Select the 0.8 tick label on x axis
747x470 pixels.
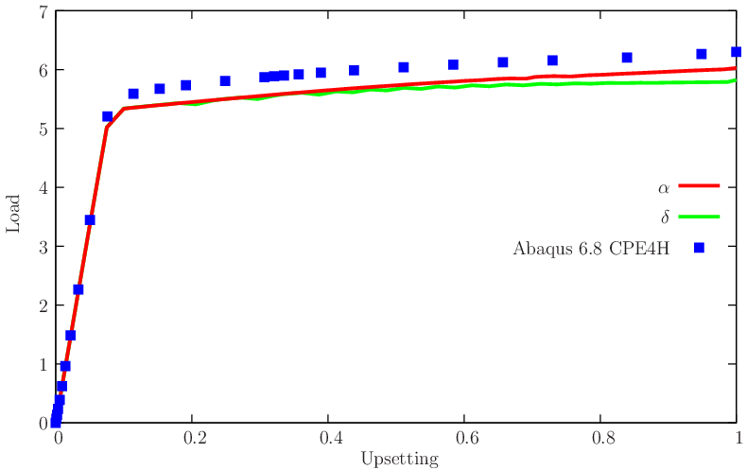click(x=602, y=439)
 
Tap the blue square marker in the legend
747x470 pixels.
click(x=699, y=248)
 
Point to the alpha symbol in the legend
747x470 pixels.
click(x=664, y=187)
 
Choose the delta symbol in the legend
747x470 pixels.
click(x=665, y=218)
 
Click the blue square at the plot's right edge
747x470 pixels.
click(x=737, y=52)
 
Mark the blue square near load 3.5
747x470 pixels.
click(x=90, y=220)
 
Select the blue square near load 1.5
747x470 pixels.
click(x=71, y=335)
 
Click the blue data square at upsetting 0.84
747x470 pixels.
click(x=627, y=58)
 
